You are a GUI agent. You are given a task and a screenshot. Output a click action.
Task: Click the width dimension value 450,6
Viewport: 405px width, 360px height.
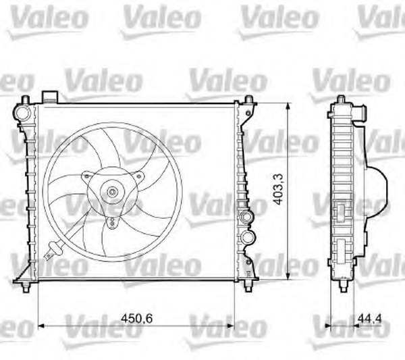coord(136,318)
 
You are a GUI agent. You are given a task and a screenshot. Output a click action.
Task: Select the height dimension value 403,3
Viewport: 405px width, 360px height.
coord(279,189)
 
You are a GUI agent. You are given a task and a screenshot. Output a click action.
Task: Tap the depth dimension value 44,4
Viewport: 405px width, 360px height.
coord(369,318)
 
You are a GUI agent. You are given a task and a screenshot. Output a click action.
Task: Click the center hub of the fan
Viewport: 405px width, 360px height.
coord(112,192)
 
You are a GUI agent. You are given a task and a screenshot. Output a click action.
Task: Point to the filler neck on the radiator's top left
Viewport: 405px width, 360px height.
coord(50,97)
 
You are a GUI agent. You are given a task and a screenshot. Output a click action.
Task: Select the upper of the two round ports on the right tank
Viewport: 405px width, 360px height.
coord(247,215)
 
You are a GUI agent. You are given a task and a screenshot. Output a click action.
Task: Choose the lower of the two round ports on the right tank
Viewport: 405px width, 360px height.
coord(248,236)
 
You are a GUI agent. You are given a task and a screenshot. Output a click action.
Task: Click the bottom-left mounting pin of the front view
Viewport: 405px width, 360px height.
coord(26,286)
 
